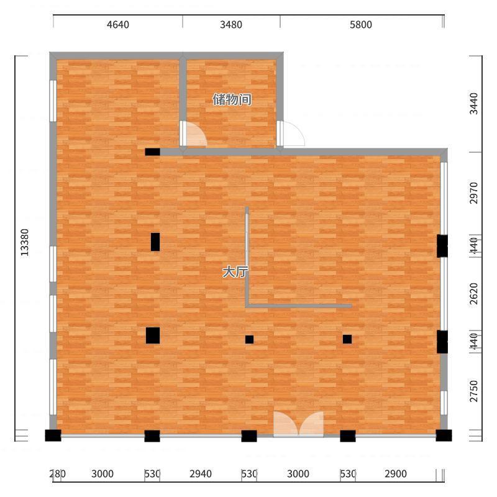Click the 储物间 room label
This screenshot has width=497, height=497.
(232, 99)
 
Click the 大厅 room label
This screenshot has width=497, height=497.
(235, 272)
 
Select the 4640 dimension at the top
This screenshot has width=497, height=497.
(118, 25)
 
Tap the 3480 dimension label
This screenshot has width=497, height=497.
(231, 25)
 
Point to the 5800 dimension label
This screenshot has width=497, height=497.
(361, 25)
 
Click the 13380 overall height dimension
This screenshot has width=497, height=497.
(25, 242)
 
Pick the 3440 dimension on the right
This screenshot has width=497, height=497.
(473, 103)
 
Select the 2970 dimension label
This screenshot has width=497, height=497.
(473, 193)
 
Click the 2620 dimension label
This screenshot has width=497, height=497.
(473, 294)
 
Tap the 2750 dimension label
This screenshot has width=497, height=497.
(473, 391)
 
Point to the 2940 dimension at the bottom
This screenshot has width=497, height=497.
(201, 474)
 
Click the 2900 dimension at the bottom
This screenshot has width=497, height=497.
(396, 474)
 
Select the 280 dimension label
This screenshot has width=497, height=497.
(57, 474)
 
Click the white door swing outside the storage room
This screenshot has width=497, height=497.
(293, 134)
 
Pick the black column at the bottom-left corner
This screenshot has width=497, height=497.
(53, 435)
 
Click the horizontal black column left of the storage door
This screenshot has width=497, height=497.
(152, 152)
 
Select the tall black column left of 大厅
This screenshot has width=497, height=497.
(155, 242)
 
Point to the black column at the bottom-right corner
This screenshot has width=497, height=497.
(444, 435)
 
